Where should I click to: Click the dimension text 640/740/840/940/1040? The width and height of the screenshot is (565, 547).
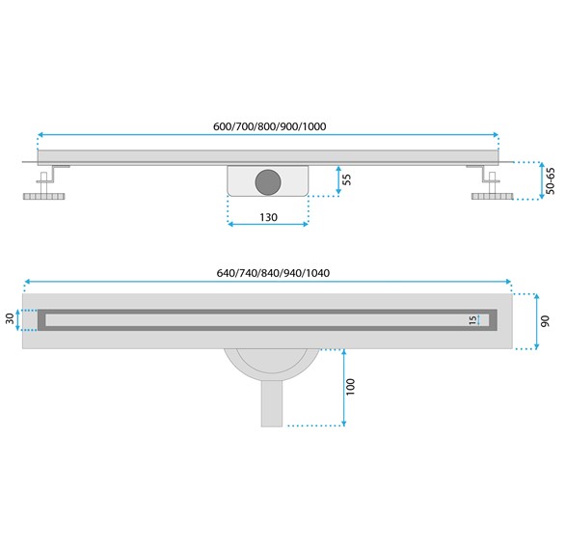(273, 272)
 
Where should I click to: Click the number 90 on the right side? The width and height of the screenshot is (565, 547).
(545, 321)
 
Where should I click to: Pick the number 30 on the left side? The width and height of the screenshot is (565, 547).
(11, 318)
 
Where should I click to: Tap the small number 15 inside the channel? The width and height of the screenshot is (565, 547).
(472, 319)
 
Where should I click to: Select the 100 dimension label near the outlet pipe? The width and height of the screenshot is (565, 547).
(351, 386)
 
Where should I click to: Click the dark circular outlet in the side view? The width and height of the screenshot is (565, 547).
(267, 179)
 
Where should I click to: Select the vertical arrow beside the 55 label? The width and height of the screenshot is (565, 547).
(337, 179)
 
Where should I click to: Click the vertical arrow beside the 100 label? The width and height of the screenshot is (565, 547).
(342, 386)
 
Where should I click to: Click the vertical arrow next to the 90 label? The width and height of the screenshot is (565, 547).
(533, 320)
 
